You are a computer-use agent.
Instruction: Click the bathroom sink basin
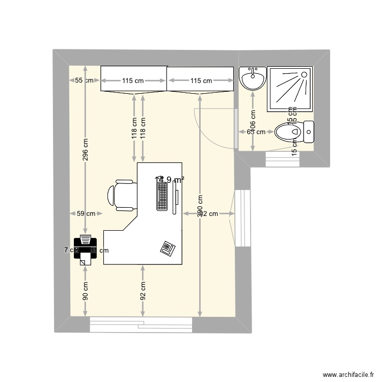coord(253,79)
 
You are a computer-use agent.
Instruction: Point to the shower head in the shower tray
coord(305,75)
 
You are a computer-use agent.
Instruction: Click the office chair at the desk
coord(122,195)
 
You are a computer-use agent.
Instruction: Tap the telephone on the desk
coord(168,248)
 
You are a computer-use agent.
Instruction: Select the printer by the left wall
coord(85,250)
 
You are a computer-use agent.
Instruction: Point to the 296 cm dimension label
coord(86,150)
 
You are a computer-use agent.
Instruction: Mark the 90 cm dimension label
coord(86,290)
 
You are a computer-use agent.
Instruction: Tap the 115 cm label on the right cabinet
coord(201,80)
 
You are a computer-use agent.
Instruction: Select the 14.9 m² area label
coord(170,179)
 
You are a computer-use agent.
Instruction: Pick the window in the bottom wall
coord(141,324)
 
